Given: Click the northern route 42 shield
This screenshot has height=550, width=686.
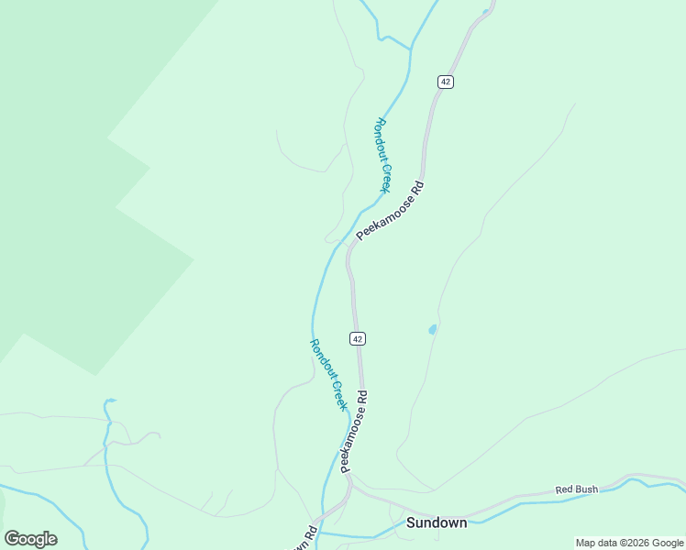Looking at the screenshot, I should click(446, 82).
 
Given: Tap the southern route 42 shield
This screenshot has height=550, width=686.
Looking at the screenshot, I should click(358, 338).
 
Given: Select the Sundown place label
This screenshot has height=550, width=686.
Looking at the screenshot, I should click(437, 522).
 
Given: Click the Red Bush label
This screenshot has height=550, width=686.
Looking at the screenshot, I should click(577, 489).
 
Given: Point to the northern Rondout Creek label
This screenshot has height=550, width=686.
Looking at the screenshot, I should click(383, 155).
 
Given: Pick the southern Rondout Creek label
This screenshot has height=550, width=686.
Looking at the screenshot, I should click(326, 374).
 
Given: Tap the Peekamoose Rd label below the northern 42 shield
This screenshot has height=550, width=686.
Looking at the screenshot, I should click(391, 210).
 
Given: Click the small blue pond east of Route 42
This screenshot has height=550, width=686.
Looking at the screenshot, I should click(432, 330).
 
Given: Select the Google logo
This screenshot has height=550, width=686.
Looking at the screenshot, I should click(30, 539).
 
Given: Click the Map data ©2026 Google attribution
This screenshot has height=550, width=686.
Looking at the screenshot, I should click(629, 543).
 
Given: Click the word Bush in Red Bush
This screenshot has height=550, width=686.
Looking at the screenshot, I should click(587, 489).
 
